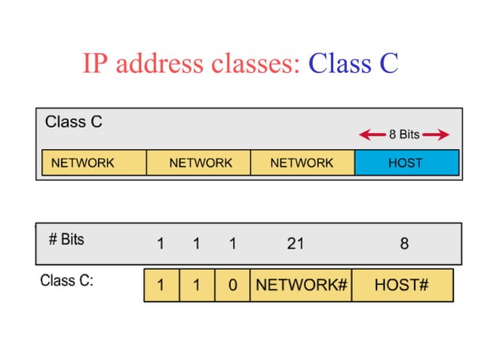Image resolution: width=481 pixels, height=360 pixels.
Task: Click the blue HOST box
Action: click(x=406, y=163)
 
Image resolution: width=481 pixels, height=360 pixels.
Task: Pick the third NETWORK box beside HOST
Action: click(x=302, y=163)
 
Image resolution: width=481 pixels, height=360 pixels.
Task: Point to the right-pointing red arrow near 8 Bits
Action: click(x=436, y=136)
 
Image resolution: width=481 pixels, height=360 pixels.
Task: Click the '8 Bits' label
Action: click(x=404, y=136)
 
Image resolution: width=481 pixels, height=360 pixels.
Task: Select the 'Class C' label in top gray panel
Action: click(x=74, y=122)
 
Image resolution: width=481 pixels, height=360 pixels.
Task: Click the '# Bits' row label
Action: click(x=66, y=240)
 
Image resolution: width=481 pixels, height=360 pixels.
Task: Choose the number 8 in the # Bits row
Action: click(x=404, y=243)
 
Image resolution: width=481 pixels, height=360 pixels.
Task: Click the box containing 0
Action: click(x=232, y=285)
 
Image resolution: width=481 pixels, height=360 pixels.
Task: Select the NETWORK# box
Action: click(x=301, y=285)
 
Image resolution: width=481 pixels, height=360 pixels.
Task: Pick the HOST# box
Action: click(x=402, y=285)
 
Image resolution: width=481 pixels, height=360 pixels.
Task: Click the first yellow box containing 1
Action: click(x=161, y=285)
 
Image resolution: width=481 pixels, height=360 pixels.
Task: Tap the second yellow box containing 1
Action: click(x=197, y=285)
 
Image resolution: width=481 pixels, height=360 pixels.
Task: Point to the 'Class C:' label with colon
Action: click(x=66, y=282)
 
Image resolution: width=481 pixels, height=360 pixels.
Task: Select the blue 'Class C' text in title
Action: click(x=353, y=64)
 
